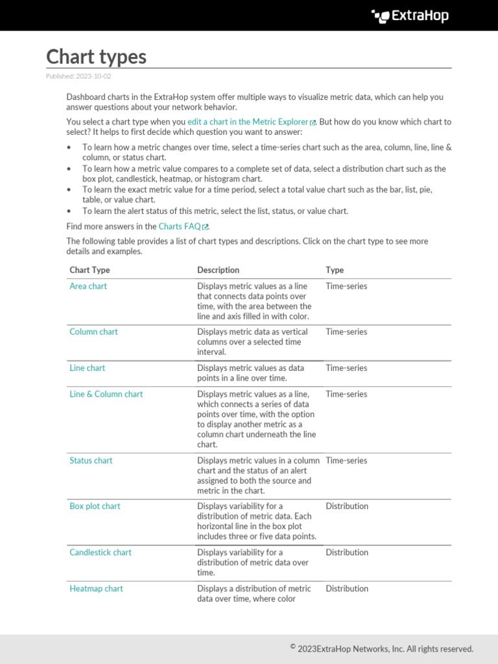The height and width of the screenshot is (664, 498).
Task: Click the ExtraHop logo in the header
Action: [410, 16]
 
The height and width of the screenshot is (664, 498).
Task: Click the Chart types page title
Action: [96, 57]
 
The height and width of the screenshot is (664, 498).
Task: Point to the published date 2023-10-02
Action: [78, 77]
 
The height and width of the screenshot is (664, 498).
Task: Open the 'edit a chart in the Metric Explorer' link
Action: [248, 122]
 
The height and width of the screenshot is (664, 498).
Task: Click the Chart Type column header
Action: [89, 270]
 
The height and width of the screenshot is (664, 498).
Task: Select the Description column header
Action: [218, 270]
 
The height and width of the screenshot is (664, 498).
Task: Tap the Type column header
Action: [335, 270]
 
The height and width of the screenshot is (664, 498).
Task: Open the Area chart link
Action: [88, 286]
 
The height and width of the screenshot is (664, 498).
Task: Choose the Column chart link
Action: [93, 331]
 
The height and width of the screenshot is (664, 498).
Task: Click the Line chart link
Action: [87, 368]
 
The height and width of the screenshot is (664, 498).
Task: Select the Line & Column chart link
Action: [106, 394]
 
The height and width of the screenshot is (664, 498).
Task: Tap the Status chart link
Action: [91, 460]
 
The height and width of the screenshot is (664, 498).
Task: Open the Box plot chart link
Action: [95, 506]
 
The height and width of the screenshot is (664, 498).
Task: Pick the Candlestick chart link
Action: [101, 552]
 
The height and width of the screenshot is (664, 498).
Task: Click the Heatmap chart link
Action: [96, 589]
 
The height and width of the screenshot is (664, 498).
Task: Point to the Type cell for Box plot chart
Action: [347, 506]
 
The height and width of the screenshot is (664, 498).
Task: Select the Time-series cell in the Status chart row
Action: [346, 460]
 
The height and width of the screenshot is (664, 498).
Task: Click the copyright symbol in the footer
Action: [293, 646]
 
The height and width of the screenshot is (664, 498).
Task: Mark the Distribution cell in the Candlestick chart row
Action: [347, 552]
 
